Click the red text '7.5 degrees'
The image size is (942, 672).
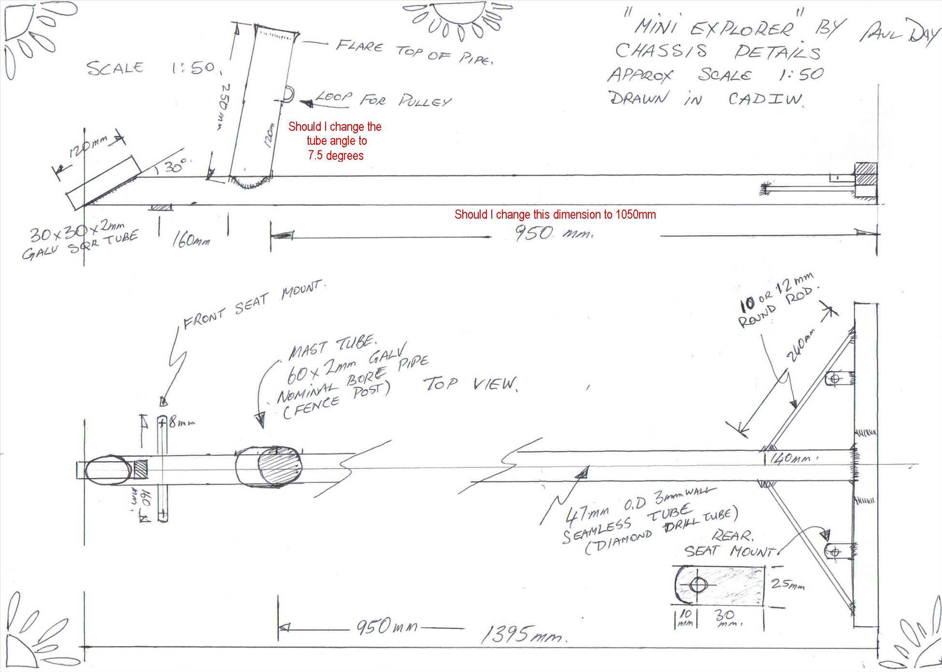(335, 155)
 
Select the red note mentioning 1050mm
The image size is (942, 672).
(555, 214)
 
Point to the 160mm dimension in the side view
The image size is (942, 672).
(191, 240)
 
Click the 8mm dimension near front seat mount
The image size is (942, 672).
(181, 423)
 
